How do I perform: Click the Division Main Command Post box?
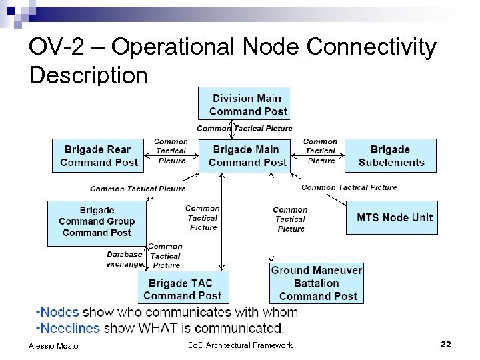point(244,105)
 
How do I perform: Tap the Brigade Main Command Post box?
point(247,155)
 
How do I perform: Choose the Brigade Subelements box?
point(391,155)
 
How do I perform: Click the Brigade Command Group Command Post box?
point(96,221)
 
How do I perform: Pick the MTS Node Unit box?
point(394,217)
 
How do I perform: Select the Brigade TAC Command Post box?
point(181,289)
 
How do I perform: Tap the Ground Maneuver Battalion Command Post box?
point(317,283)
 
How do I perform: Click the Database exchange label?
point(125,259)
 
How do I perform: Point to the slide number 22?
point(446,344)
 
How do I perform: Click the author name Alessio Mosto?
point(54,345)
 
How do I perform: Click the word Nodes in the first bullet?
point(59,312)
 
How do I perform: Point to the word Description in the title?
point(88,75)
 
